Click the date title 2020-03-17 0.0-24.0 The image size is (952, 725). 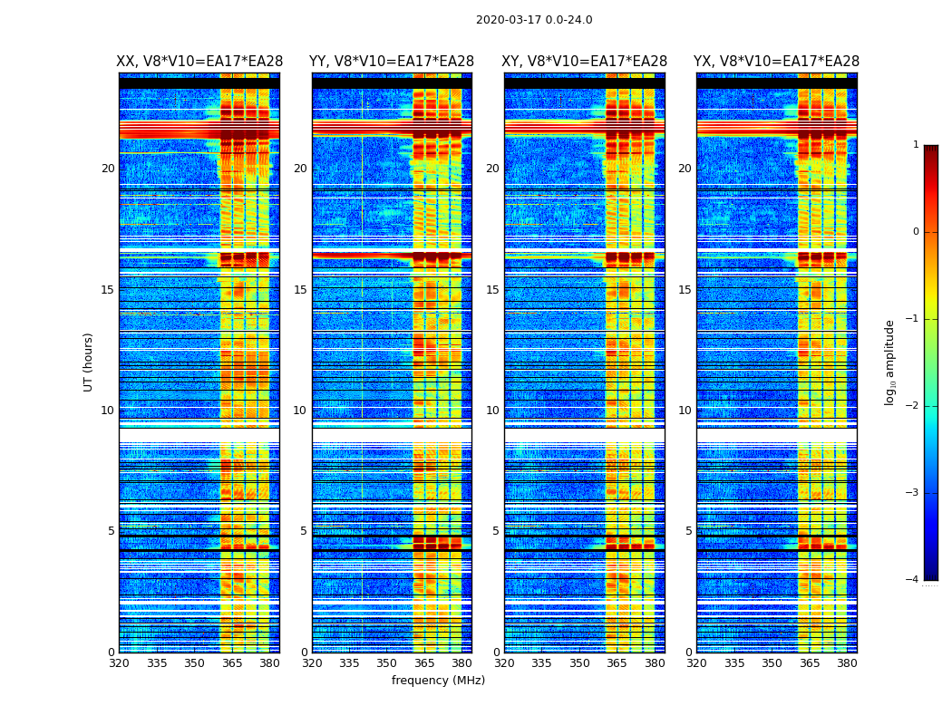[x=534, y=20]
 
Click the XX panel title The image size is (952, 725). [x=199, y=62]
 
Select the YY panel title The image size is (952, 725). [x=392, y=62]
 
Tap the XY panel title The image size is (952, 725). [x=585, y=62]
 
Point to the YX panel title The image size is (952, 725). [x=776, y=62]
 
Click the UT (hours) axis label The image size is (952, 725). [x=89, y=362]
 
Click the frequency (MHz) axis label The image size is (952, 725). [x=438, y=681]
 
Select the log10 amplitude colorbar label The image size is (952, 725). [x=890, y=362]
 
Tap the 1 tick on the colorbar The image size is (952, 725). [x=916, y=145]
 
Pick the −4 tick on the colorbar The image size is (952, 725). [x=913, y=580]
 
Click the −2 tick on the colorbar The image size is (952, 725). [x=913, y=406]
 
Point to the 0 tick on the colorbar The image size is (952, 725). [x=916, y=232]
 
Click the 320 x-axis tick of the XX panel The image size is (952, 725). [x=119, y=663]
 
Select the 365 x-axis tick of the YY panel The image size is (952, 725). [x=424, y=663]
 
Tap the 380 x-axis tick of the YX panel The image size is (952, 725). [x=847, y=663]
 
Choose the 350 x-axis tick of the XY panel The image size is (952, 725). [x=578, y=663]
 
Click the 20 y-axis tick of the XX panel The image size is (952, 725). [x=108, y=169]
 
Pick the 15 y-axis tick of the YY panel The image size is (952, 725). [x=300, y=290]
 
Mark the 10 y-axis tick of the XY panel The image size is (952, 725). [x=492, y=411]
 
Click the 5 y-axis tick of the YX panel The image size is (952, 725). [x=688, y=532]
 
